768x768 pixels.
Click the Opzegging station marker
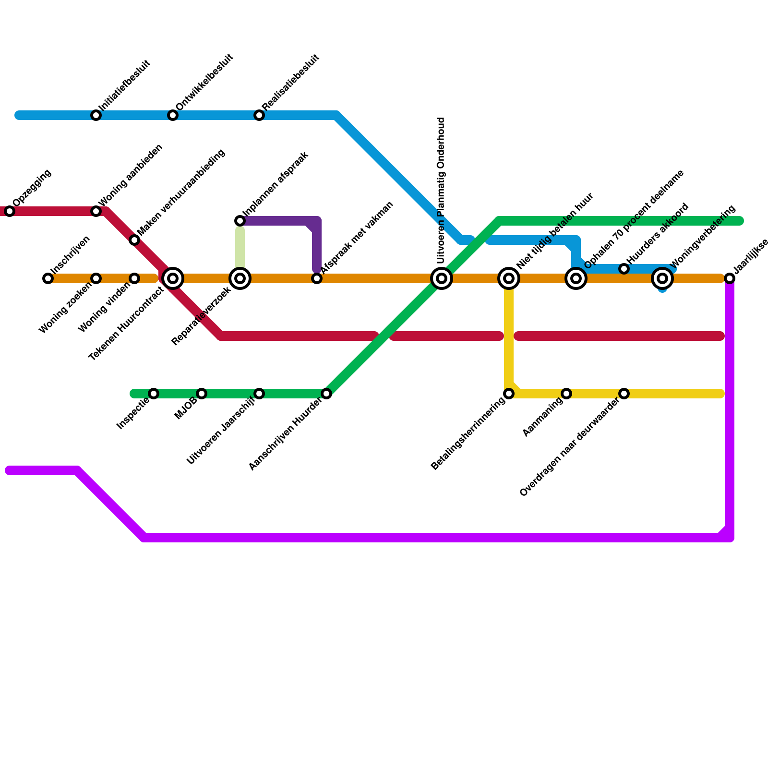[x=10, y=211]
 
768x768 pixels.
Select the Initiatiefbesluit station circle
[x=96, y=115]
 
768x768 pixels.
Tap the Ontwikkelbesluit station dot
[x=173, y=115]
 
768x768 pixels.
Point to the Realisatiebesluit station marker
[x=259, y=115]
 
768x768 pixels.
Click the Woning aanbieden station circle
[x=96, y=211]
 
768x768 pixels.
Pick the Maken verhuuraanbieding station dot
[x=134, y=240]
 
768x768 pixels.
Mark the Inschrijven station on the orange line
[x=48, y=278]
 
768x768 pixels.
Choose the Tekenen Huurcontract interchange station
[x=173, y=278]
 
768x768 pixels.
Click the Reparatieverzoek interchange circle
[x=240, y=278]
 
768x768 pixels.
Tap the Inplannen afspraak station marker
[x=240, y=221]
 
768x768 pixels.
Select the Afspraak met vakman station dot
[x=317, y=278]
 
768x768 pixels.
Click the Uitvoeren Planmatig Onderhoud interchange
[x=442, y=278]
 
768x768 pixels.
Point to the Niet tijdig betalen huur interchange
[x=509, y=278]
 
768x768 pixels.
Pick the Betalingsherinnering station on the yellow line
[x=509, y=394]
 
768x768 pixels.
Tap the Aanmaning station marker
[x=566, y=394]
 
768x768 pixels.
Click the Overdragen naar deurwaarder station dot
[x=624, y=394]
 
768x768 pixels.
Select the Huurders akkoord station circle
[x=624, y=269]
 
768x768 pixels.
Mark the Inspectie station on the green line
[x=154, y=394]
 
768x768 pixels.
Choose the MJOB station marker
[x=202, y=394]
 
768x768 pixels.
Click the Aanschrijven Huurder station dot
[x=326, y=394]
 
